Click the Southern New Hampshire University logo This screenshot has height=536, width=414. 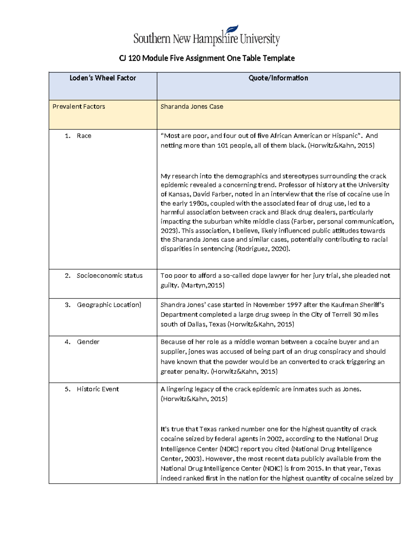[x=206, y=36]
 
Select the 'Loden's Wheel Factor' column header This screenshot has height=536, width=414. [x=102, y=78]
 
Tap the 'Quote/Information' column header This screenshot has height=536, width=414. [x=278, y=78]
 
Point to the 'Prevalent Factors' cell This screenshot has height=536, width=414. [x=79, y=107]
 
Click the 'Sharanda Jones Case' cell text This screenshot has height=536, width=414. [x=192, y=107]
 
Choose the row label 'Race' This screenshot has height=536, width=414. [x=84, y=136]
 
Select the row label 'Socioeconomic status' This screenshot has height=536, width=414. [x=109, y=276]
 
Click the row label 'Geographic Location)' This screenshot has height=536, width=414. [x=109, y=305]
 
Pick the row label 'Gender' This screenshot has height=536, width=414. [x=88, y=342]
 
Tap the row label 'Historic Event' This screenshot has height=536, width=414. [x=98, y=389]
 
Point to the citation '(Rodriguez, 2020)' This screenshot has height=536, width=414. [x=262, y=249]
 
